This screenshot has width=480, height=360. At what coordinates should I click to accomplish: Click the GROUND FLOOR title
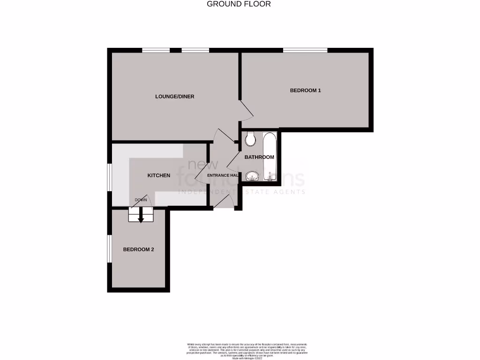(x=239, y=4)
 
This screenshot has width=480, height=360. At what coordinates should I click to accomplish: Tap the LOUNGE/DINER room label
(x=174, y=97)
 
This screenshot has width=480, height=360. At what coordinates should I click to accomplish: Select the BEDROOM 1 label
(x=305, y=90)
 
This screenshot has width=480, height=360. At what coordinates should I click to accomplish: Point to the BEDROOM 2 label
(x=138, y=250)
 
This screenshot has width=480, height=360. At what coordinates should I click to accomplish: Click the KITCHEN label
(x=159, y=175)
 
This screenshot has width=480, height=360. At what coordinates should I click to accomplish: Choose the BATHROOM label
(x=259, y=157)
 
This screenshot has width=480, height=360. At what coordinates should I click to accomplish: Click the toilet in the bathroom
(x=250, y=139)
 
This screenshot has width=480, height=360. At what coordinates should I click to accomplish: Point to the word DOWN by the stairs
(x=141, y=200)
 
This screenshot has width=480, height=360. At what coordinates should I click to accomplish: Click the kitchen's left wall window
(x=109, y=177)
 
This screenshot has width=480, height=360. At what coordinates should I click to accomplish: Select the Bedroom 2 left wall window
(x=109, y=248)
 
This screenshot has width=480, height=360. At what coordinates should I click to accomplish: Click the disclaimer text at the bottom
(x=240, y=350)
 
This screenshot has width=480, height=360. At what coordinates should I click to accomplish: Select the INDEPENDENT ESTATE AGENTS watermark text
(x=241, y=192)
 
